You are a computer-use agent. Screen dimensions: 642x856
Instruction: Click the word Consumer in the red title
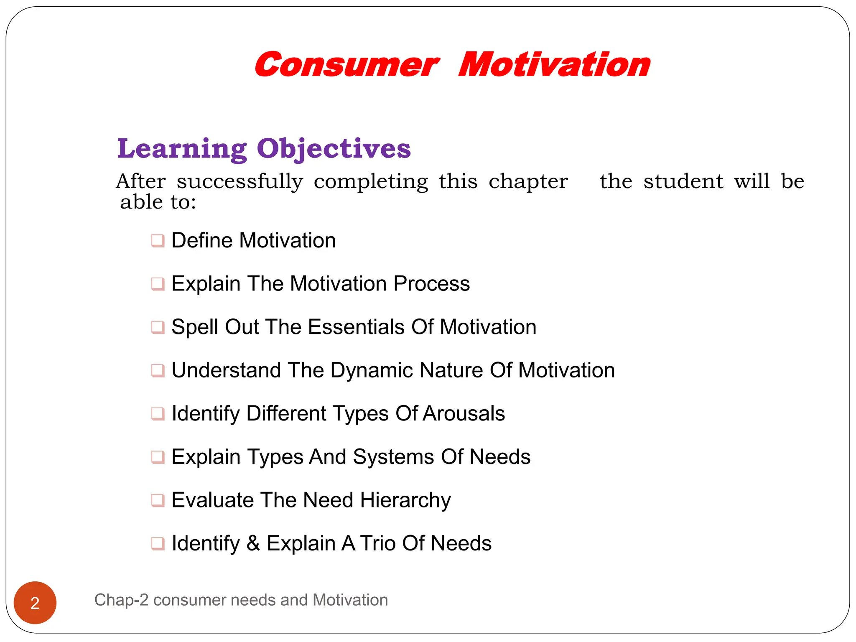346,65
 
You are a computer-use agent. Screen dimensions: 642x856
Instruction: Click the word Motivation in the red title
554,65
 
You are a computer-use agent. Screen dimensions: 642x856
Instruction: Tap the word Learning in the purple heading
182,149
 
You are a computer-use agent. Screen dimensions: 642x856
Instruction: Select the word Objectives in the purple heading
334,149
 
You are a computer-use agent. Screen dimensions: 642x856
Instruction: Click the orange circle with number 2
35,603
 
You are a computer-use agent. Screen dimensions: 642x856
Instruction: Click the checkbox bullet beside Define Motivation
158,241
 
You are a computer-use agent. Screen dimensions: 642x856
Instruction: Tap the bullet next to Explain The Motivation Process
158,284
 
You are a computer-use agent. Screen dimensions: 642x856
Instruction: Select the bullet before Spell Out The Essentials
158,327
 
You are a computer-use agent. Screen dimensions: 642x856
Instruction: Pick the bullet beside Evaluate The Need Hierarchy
158,500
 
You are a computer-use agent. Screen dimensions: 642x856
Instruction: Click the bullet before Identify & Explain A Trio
158,544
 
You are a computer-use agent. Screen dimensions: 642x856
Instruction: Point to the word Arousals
464,413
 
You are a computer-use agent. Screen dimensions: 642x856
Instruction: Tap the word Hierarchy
405,500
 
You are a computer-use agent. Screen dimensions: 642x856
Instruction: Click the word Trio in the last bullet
378,543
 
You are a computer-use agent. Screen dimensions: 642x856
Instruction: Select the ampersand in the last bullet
253,543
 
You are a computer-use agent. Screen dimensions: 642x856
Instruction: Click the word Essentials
356,327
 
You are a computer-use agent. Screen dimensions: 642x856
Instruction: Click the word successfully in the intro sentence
239,182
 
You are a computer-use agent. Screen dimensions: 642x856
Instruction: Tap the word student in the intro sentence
683,181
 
